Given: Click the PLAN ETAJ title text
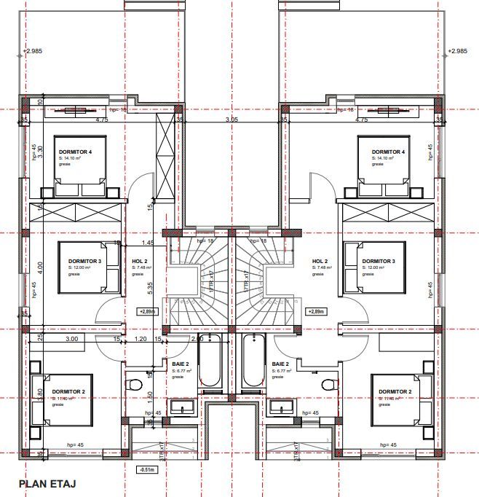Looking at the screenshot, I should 47,483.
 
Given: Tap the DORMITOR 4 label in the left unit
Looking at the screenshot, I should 76,152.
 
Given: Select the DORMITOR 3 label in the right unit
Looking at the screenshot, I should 378,261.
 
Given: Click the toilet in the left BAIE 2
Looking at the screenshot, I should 133,385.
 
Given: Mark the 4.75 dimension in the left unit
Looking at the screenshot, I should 101,120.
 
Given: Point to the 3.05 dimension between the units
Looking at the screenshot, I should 231,120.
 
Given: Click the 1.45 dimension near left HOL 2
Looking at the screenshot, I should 147,243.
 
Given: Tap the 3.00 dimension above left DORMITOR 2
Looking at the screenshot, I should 72,339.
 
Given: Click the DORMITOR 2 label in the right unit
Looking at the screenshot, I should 396,391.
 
